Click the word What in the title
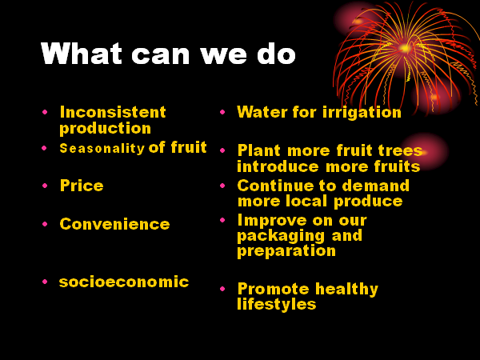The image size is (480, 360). coord(82,54)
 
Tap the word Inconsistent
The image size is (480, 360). coord(113,112)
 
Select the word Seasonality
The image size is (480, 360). coord(102,149)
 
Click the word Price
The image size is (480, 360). coord(82,186)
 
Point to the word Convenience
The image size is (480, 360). coord(114,224)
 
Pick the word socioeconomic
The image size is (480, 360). coord(124,282)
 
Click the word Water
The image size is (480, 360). coord(262,112)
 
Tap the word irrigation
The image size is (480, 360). coord(362,113)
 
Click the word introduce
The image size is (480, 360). coord(278,166)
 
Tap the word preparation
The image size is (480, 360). coord(286,252)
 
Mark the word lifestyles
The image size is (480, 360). coord(277,305)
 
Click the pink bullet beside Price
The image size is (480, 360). coord(45,186)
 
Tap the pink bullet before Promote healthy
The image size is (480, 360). coord(222,288)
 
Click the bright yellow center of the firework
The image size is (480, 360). coord(405,48)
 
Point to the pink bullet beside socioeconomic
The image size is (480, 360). coord(45,282)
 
